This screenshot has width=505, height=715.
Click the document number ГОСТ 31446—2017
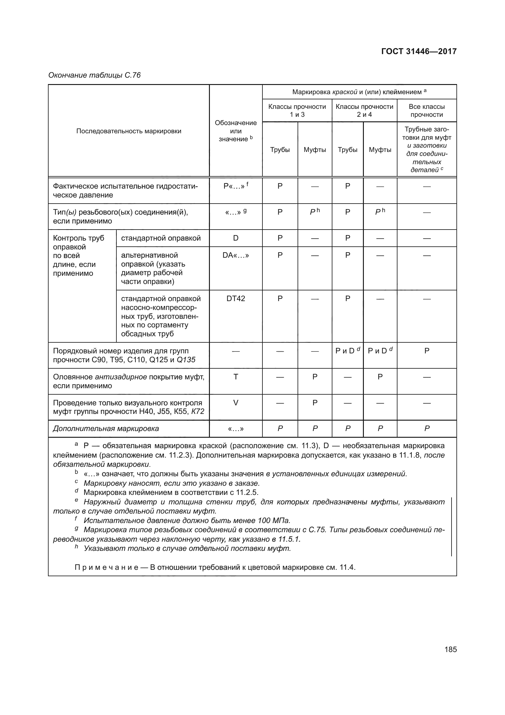(419, 51)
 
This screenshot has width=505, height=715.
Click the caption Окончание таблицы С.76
(94, 75)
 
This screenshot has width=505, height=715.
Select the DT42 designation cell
(236, 298)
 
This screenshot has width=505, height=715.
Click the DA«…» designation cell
(236, 255)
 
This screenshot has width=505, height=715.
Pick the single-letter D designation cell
(236, 238)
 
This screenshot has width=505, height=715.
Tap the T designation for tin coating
(236, 377)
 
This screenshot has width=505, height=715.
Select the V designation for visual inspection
(236, 403)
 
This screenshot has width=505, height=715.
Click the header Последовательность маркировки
(129, 131)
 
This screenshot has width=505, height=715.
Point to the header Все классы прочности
(426, 111)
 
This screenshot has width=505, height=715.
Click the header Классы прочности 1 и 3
(297, 111)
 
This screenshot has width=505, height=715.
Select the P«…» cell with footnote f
(236, 186)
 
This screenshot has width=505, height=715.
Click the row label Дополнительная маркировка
(106, 429)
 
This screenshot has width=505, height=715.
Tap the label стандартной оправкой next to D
(161, 238)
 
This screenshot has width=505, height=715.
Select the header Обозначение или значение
(236, 131)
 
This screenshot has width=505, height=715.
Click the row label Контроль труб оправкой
(79, 243)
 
